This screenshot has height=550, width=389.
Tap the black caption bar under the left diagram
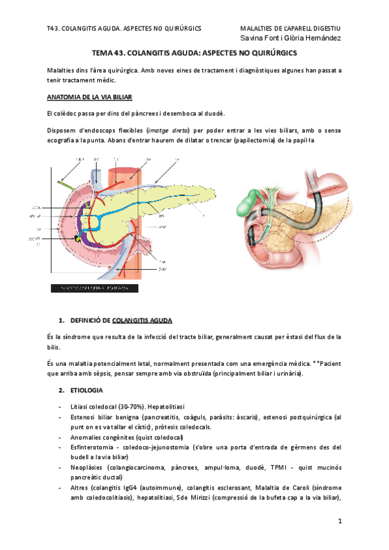tap(94, 288)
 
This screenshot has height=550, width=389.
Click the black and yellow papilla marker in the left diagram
tap(78, 239)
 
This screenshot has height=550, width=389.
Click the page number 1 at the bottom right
tap(338, 521)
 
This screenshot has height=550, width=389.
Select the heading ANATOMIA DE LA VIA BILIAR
tap(89, 97)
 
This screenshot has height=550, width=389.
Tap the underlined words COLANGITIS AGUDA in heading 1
tap(142, 320)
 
